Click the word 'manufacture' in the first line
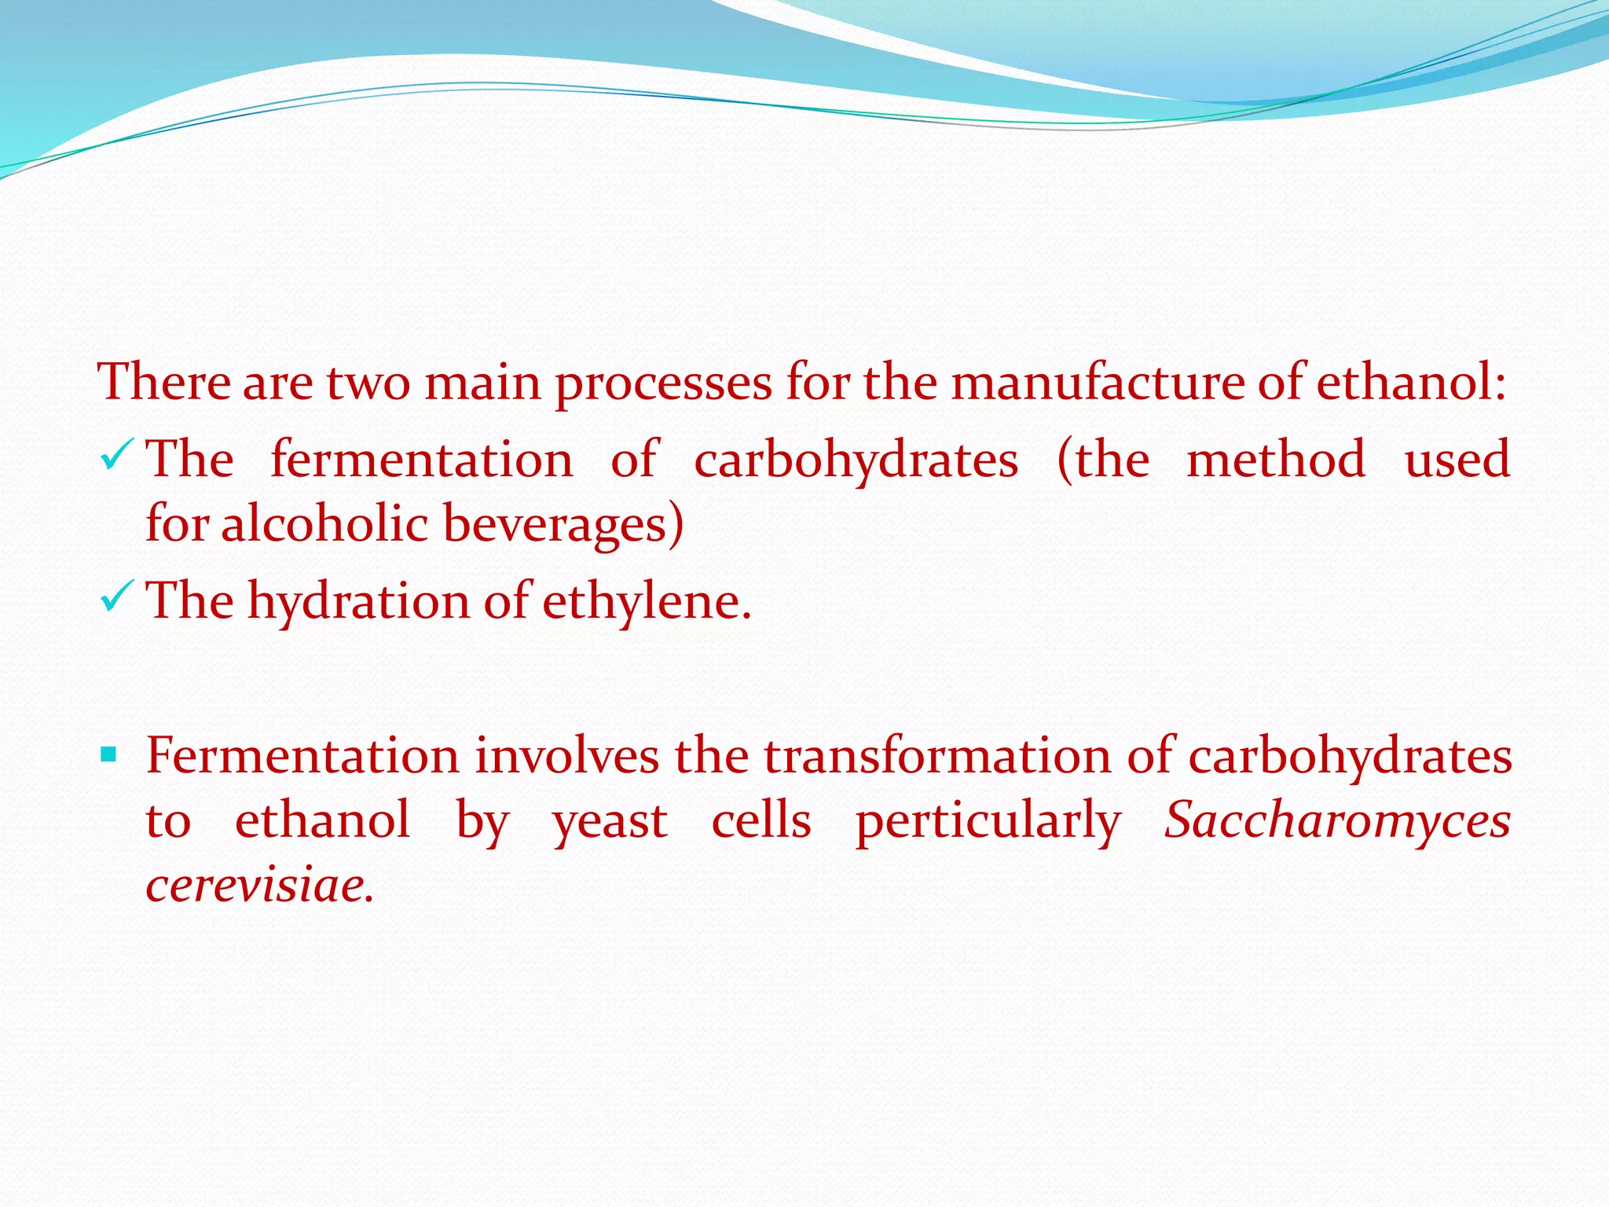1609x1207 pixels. [1097, 383]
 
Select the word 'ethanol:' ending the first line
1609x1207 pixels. [1411, 383]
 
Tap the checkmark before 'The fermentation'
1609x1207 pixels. [118, 455]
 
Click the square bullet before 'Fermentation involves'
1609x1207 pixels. [109, 756]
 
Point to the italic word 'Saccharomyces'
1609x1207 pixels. [1337, 821]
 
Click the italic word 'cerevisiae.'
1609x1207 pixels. [259, 886]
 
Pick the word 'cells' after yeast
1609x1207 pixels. [761, 821]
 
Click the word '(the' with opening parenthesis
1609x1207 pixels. [1103, 460]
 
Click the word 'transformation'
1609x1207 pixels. [937, 757]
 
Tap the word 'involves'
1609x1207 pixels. [566, 757]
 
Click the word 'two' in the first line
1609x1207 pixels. [368, 383]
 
